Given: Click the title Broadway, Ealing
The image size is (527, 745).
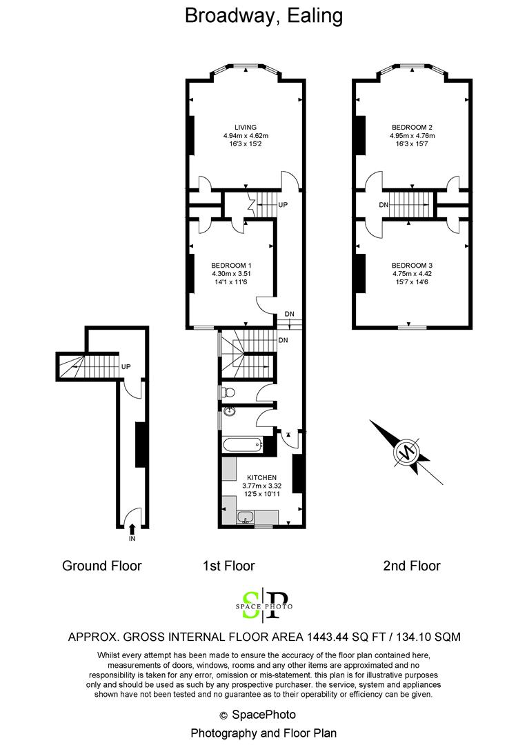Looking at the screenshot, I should tap(263, 15).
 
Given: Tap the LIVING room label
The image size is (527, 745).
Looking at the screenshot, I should tap(246, 127).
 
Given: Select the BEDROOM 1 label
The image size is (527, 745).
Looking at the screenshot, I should tap(230, 266).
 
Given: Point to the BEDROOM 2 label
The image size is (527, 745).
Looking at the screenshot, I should tap(412, 127).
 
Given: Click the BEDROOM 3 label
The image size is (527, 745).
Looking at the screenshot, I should tap(412, 266).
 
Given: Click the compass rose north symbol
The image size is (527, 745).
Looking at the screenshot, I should tap(406, 453).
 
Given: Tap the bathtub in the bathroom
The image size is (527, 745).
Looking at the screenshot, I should tap(243, 445).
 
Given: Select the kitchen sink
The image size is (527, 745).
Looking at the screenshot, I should tap(243, 517).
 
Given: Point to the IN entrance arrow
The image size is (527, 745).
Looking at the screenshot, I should tap(132, 528).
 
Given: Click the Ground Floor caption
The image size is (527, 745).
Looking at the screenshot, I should tap(102, 566).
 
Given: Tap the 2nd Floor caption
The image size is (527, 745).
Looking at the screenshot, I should tap(411, 566).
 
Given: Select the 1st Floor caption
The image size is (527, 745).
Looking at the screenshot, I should tap(228, 566).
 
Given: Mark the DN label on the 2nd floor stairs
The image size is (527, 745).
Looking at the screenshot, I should tap(384, 205).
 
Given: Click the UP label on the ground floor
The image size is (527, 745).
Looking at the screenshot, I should tap(126, 366).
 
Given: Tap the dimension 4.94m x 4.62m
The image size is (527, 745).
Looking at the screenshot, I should tap(246, 136).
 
